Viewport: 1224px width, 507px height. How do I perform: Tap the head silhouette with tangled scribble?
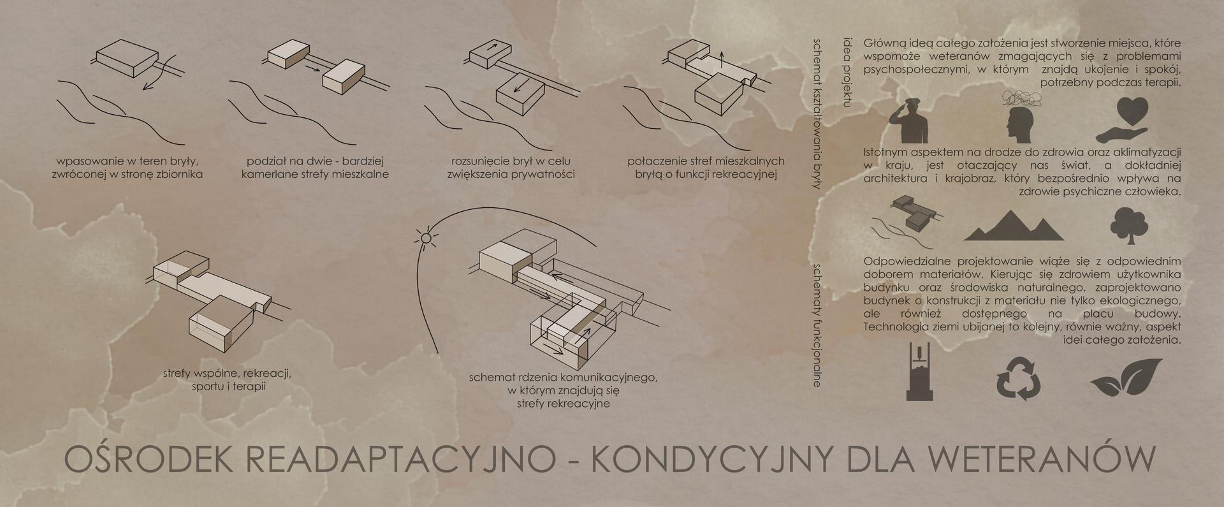pos(1021,118)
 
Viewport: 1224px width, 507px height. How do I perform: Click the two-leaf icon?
pos(1126,378)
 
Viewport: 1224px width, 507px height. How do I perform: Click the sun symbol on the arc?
pos(426,239)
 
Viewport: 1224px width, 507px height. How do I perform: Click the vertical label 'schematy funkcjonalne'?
pos(817,325)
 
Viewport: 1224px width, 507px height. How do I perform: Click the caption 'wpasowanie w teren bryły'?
pos(127,161)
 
